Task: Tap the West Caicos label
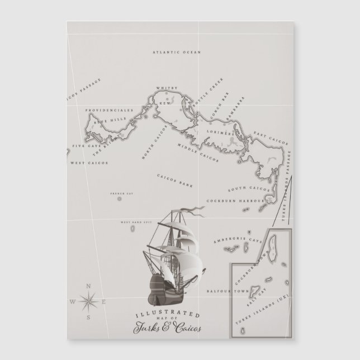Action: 89,163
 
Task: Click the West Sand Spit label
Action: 132,222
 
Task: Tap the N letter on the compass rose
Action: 88,286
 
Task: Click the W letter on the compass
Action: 72,302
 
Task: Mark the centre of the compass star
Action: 88,302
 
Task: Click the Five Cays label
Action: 82,149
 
